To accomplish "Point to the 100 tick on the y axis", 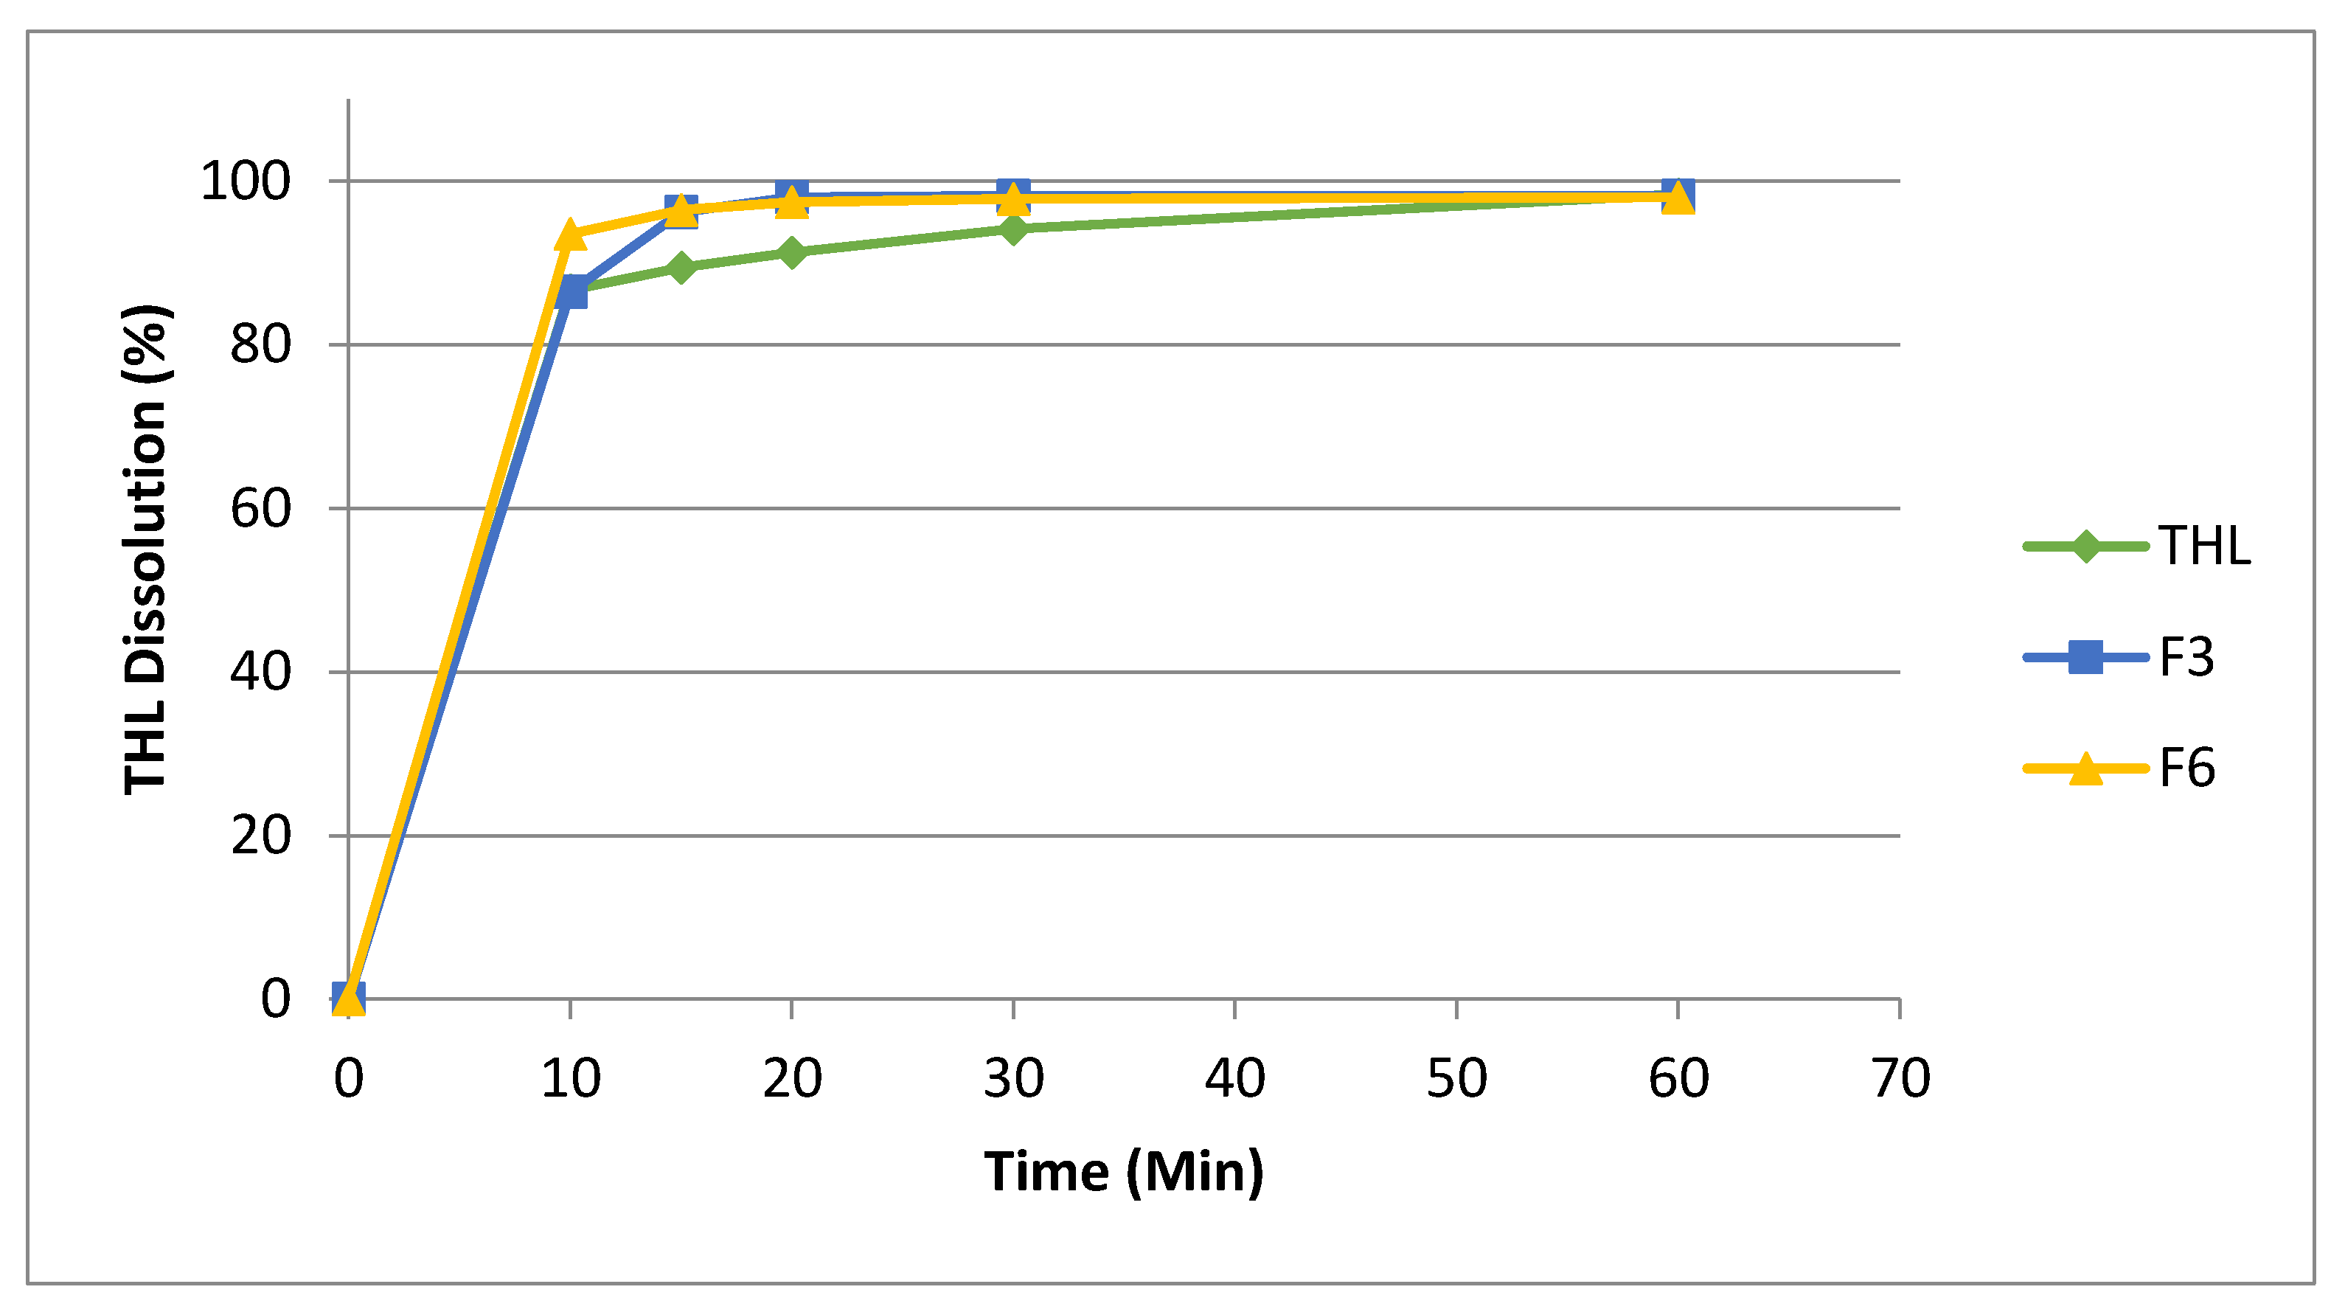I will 245,181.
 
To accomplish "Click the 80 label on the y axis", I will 260,345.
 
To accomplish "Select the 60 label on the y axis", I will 260,509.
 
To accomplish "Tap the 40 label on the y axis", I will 260,673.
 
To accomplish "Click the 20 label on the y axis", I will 260,836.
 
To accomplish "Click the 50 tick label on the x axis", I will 1456,1079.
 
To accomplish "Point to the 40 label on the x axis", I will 1234,1079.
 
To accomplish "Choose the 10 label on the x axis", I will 571,1079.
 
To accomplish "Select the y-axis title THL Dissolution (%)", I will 146,549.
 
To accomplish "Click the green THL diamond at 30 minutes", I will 1013,229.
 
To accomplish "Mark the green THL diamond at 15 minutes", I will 681,268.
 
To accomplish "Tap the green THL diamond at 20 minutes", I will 792,252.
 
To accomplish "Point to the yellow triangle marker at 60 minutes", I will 1678,198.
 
